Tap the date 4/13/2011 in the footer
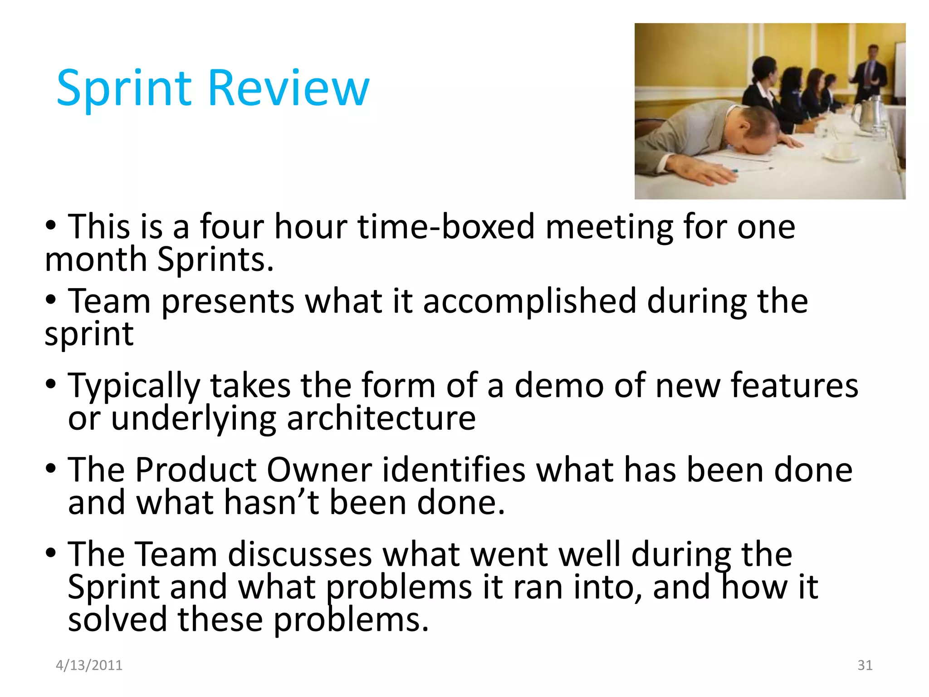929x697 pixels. coord(89,665)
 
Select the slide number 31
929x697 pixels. coord(865,665)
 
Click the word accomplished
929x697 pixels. coord(529,301)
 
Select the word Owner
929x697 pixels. coord(319,470)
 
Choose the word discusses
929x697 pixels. coord(299,555)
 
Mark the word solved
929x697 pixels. coord(117,620)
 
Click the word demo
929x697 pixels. coord(559,386)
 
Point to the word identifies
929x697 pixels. coord(454,470)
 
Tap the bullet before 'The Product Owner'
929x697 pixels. coord(51,468)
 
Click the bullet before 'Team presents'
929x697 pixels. coord(51,299)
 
